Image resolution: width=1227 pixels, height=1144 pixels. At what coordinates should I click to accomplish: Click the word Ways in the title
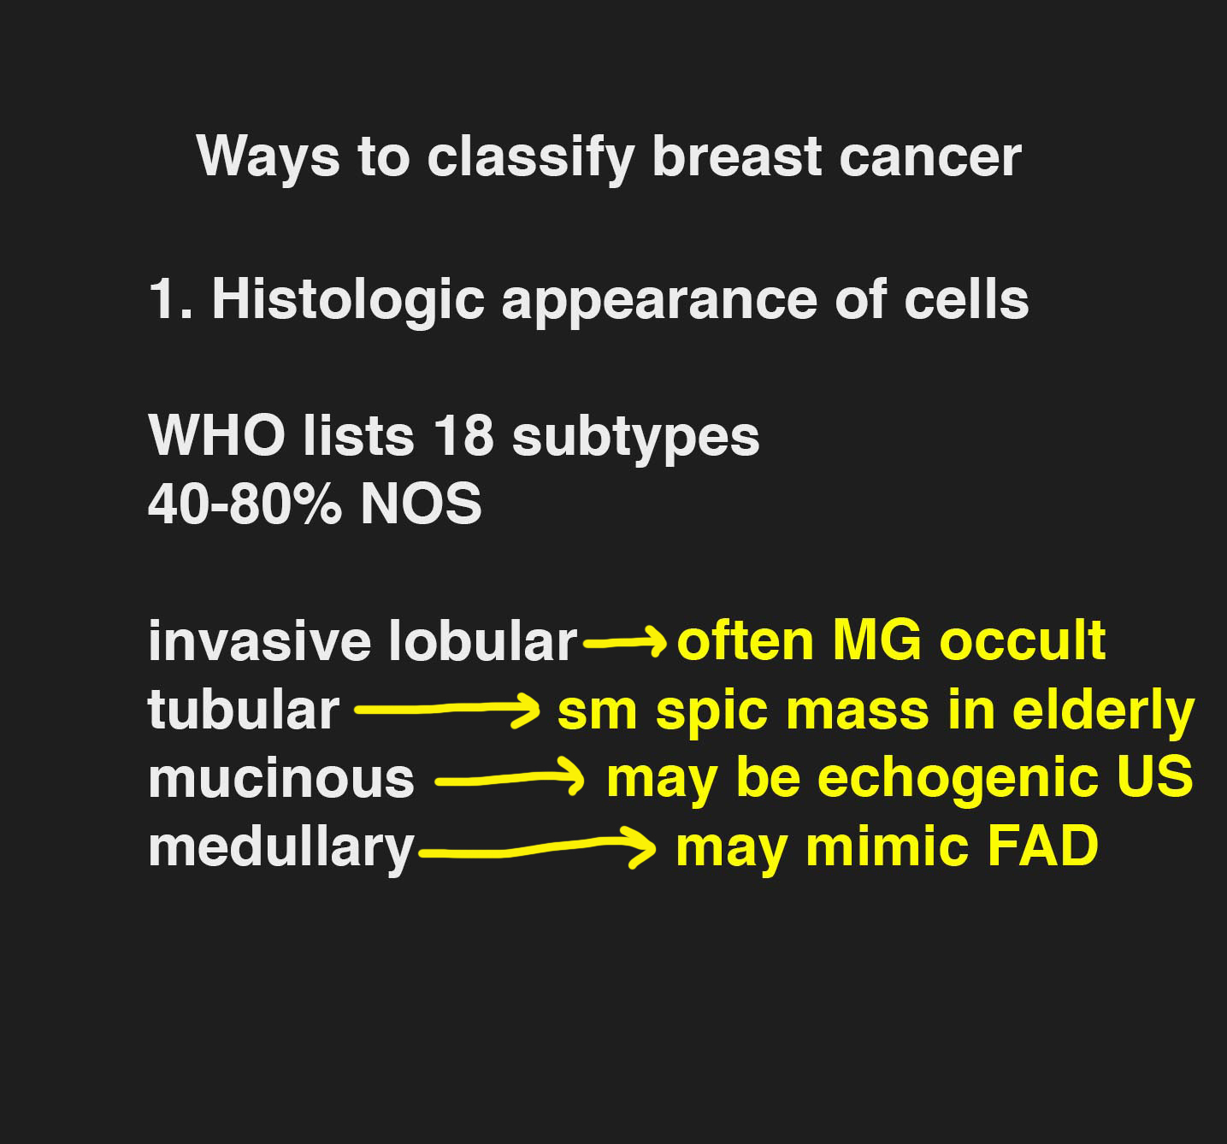click(268, 157)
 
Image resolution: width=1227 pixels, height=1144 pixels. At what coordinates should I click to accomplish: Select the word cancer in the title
click(929, 158)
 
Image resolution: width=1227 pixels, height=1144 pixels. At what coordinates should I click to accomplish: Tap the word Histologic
click(348, 300)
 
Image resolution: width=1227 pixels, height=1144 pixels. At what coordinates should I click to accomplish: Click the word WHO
click(217, 436)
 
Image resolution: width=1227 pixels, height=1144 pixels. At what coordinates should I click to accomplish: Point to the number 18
click(463, 436)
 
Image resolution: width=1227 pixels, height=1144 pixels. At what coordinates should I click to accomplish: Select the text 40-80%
click(244, 504)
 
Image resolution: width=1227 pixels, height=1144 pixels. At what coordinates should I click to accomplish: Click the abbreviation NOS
click(421, 504)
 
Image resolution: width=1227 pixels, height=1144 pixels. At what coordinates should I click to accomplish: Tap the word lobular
click(482, 640)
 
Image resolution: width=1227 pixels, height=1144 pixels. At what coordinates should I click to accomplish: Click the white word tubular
click(244, 710)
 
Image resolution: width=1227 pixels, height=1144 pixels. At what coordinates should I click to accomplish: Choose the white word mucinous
click(281, 780)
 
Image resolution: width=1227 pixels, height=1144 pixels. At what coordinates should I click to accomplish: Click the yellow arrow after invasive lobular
click(625, 643)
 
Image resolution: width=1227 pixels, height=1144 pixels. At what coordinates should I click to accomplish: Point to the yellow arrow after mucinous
click(510, 780)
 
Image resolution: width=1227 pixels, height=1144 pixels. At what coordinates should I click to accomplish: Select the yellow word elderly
click(1103, 711)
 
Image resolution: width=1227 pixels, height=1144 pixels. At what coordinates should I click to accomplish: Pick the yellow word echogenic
click(959, 780)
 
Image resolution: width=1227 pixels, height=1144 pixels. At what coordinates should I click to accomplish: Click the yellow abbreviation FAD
click(1042, 846)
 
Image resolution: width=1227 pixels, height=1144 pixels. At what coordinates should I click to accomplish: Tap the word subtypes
click(636, 438)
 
